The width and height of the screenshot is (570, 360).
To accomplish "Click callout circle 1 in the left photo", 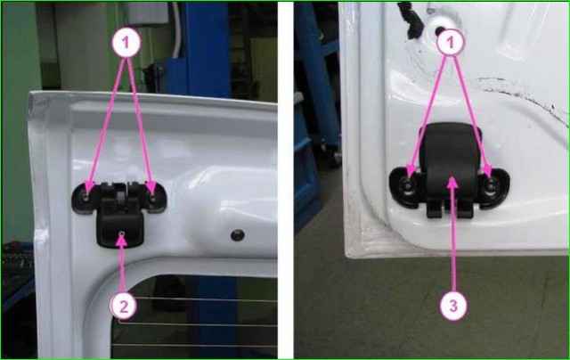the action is (126, 43).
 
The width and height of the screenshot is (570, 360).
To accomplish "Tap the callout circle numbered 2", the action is (124, 307).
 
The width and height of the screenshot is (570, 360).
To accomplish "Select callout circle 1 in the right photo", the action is (451, 42).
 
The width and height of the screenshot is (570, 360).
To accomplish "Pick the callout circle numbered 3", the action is (453, 306).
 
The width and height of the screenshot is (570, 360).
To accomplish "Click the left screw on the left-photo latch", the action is (85, 198).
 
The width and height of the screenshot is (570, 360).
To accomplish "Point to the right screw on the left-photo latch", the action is (152, 198).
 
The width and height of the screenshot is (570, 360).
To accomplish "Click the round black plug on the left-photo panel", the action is (238, 235).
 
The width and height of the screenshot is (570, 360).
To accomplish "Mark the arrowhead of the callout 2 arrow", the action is (121, 240).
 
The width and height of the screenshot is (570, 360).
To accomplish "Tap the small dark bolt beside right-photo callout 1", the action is (440, 31).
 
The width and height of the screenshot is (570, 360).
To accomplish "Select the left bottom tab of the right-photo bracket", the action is (434, 209).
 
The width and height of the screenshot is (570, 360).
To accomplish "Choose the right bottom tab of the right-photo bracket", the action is (465, 209).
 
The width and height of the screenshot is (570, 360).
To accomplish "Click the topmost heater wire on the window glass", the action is (196, 299).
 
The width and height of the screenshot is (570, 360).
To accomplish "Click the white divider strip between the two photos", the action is (286, 180).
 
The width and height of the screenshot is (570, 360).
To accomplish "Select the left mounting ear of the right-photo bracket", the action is (404, 187).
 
